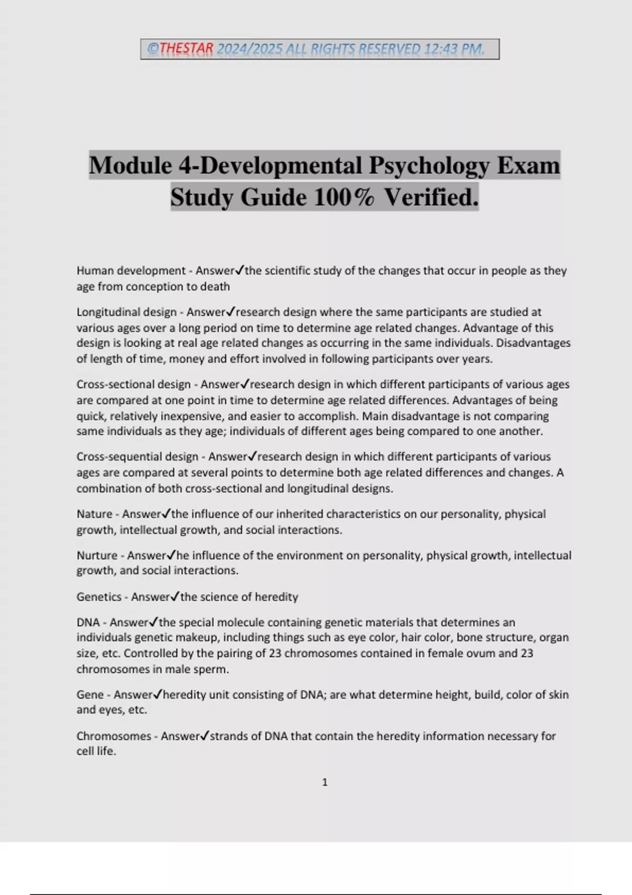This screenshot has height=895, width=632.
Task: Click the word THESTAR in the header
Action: pos(186,49)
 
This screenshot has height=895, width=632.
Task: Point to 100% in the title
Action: pos(344,197)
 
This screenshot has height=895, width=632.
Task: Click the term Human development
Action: pos(131,271)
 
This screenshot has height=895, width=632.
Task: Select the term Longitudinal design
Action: pos(126,312)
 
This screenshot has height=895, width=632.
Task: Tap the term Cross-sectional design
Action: pos(133,385)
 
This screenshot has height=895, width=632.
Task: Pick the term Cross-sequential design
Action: pos(137,457)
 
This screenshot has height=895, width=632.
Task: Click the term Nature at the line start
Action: pos(94,514)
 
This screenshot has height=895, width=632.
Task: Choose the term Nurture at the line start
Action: pos(97,555)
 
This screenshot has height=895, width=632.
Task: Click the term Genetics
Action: pos(99,597)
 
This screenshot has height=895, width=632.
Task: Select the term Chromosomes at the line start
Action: pos(113,736)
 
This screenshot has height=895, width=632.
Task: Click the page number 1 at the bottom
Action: pos(324,782)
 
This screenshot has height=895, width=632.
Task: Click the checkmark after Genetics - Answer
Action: pos(175,596)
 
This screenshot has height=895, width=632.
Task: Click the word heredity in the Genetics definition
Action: pos(276,597)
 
